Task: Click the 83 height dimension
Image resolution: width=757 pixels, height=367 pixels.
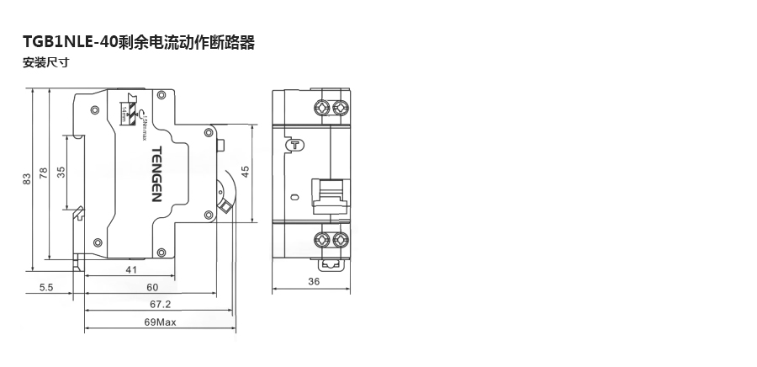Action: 26,178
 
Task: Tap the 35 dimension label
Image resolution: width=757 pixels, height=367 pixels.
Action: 61,173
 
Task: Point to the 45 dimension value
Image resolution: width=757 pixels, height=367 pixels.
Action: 246,172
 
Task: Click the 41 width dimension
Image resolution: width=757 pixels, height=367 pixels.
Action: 131,270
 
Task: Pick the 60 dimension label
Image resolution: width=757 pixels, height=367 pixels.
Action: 152,287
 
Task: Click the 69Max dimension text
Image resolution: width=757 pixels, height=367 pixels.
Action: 160,322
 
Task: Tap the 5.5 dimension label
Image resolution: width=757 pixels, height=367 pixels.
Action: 46,287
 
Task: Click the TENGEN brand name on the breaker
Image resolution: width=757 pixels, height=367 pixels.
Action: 156,174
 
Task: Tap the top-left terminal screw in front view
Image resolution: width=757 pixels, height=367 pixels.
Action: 321,108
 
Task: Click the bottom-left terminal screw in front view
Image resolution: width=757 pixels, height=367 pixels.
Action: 321,240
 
